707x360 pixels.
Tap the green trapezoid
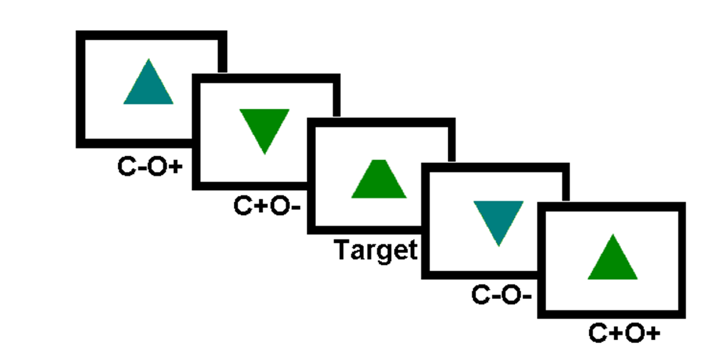click(379, 179)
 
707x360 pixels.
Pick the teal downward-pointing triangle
click(499, 218)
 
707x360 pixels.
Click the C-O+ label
click(151, 166)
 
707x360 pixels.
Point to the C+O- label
click(267, 207)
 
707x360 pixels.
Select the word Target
click(376, 250)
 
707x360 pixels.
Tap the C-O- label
click(501, 295)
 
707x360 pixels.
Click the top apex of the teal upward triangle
click(148, 60)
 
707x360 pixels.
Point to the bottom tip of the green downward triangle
click(264, 152)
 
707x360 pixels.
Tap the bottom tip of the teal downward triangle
click(499, 245)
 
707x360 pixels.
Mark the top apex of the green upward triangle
click(612, 235)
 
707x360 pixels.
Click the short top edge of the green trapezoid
click(379, 161)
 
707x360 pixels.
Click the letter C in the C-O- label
click(481, 295)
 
